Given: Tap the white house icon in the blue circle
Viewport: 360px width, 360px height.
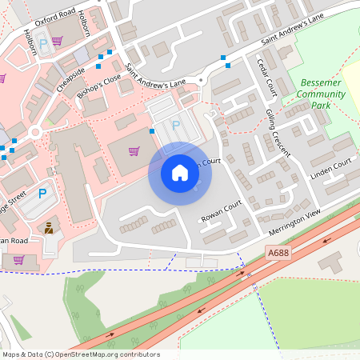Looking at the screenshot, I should pyautogui.click(x=180, y=173).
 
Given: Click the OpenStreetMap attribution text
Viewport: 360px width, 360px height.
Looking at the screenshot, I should pyautogui.click(x=80, y=354).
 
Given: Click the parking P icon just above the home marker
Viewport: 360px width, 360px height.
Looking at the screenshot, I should pyautogui.click(x=176, y=126).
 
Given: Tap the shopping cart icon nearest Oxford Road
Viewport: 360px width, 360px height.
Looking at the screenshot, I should pyautogui.click(x=57, y=40).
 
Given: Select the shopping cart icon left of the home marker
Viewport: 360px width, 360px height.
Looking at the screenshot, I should pyautogui.click(x=134, y=151).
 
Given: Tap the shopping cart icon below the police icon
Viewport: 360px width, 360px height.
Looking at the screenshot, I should pyautogui.click(x=18, y=260).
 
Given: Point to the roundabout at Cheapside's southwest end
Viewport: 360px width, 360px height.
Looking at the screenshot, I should pyautogui.click(x=34, y=133).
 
